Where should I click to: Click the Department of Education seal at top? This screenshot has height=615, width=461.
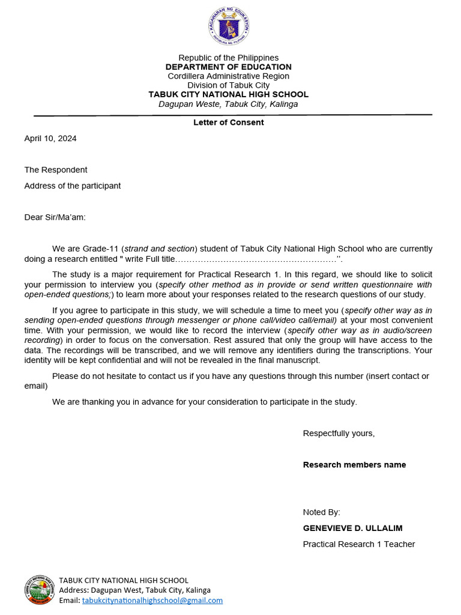point(229,26)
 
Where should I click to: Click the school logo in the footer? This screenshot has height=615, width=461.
point(40,590)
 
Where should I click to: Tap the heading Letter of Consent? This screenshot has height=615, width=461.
point(228,123)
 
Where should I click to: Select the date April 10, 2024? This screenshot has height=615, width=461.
point(50,139)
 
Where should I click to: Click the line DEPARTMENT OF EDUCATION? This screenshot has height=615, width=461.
point(229,67)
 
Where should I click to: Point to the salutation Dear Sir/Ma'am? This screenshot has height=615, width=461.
point(55,217)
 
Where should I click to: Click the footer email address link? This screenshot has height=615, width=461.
point(152,600)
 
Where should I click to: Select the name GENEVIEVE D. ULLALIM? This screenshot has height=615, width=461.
point(352,529)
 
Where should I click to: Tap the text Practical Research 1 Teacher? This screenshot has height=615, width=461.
point(359,544)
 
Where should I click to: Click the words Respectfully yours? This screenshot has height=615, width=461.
point(339,434)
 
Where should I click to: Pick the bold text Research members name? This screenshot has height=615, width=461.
point(354,465)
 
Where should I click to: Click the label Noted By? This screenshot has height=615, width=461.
point(321,512)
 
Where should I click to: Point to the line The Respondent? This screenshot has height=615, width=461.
point(56,170)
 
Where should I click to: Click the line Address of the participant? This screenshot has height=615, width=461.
point(73,186)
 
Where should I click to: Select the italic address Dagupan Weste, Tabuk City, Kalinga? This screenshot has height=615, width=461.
point(228,105)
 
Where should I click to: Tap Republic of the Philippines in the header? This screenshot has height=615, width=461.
point(229,58)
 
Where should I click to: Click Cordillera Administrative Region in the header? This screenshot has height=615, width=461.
point(229,76)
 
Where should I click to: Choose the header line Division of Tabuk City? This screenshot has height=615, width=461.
point(229,85)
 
